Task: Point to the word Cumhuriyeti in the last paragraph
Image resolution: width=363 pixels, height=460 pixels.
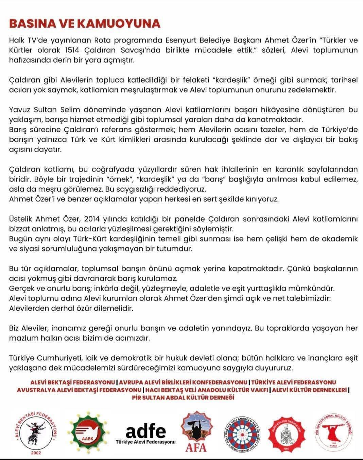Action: (x=54, y=358)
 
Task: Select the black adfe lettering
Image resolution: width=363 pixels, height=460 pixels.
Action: (x=146, y=431)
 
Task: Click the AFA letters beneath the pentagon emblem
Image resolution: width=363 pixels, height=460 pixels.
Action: (x=195, y=447)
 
